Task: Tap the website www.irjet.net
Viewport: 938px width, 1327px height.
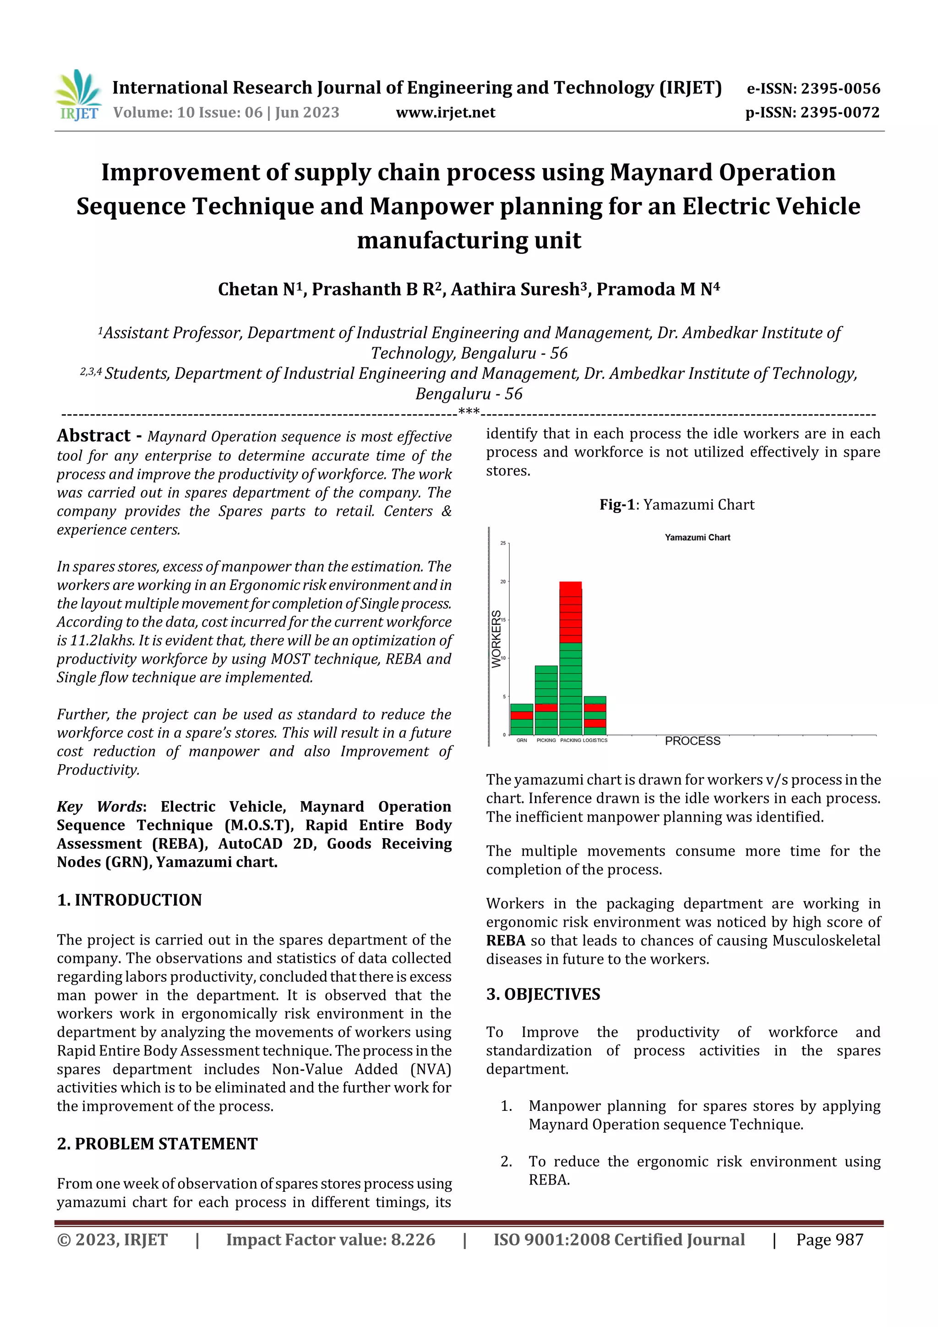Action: pyautogui.click(x=445, y=113)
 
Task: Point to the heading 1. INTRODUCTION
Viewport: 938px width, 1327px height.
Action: pyautogui.click(x=130, y=900)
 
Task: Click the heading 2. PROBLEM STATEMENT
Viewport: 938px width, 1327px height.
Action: pyautogui.click(x=157, y=1144)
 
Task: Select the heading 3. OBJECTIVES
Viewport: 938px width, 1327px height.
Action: pyautogui.click(x=543, y=994)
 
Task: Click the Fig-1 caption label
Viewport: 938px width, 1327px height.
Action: pyautogui.click(x=617, y=505)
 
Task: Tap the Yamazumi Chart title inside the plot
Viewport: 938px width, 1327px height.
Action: pyautogui.click(x=697, y=537)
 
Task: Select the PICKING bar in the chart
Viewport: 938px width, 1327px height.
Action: pyautogui.click(x=546, y=699)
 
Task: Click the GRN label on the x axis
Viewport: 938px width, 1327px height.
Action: pyautogui.click(x=521, y=740)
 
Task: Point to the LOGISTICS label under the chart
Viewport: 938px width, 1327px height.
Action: pyautogui.click(x=595, y=740)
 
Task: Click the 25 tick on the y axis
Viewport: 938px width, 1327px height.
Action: pyautogui.click(x=503, y=543)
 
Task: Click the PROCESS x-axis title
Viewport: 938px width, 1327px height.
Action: pyautogui.click(x=693, y=741)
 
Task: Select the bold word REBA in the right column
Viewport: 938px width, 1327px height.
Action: pyautogui.click(x=506, y=940)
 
